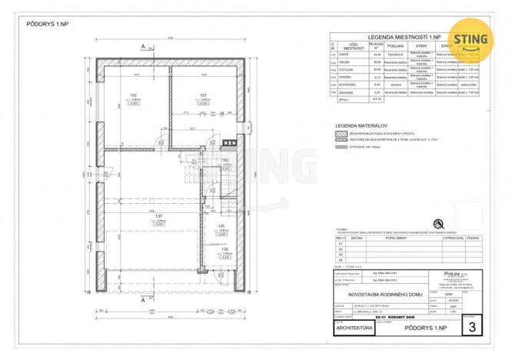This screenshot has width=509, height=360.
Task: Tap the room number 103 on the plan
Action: (203, 96)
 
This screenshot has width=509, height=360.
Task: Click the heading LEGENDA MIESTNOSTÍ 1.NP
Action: (403, 37)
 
